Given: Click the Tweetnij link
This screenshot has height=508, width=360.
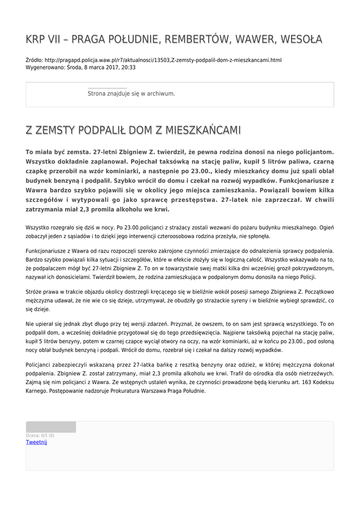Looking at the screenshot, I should pyautogui.click(x=36, y=442).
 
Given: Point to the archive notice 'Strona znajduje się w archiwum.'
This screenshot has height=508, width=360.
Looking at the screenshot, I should pyautogui.click(x=131, y=93).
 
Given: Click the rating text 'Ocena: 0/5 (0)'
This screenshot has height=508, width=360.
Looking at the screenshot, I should pyautogui.click(x=40, y=436).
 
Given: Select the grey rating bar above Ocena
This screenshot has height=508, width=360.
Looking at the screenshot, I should pyautogui.click(x=51, y=427).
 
